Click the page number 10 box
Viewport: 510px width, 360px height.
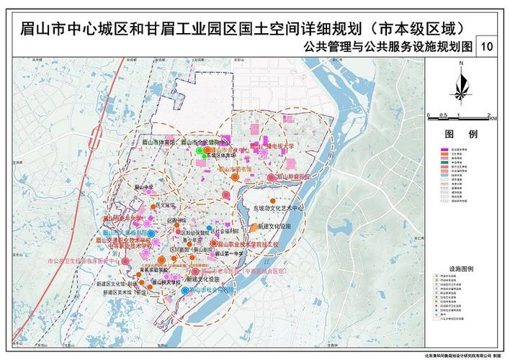point(487,47)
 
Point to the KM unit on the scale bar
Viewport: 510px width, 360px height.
point(492,119)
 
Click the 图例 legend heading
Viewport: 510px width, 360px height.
point(460,134)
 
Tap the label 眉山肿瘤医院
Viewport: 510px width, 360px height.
point(293,176)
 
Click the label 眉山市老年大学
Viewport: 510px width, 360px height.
point(125,217)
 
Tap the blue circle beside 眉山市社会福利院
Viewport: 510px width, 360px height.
point(185,290)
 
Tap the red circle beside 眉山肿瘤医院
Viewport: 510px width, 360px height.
point(271,176)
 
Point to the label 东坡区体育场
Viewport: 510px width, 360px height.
point(220,155)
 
